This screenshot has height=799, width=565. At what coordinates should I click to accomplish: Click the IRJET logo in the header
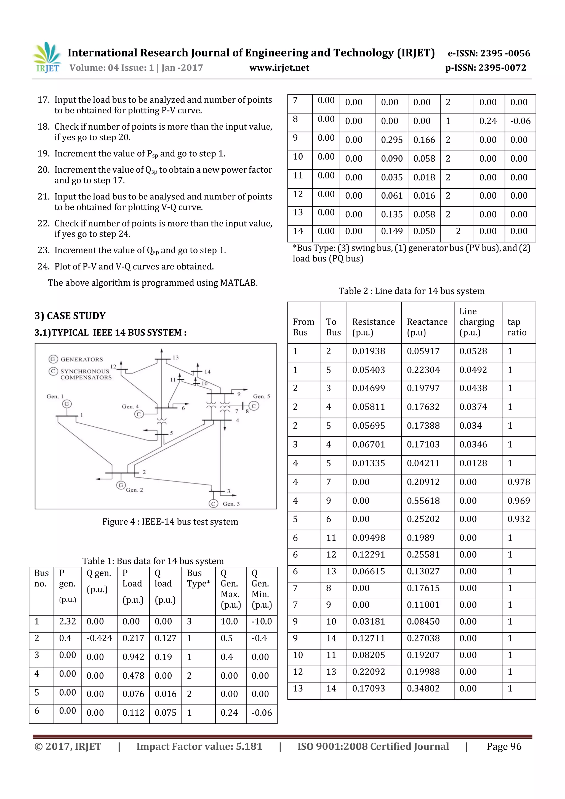pyautogui.click(x=47, y=57)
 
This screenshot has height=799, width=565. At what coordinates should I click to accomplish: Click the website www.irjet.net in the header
pyautogui.click(x=279, y=68)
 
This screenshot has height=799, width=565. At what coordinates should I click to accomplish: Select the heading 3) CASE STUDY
pyautogui.click(x=70, y=316)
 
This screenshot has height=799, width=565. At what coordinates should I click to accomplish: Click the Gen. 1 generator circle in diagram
pyautogui.click(x=67, y=404)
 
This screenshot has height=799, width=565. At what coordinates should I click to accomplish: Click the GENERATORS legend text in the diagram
pyautogui.click(x=82, y=359)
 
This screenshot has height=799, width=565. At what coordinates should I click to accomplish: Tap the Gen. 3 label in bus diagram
pyautogui.click(x=231, y=504)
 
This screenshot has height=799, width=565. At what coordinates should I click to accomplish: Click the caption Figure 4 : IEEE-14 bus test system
pyautogui.click(x=170, y=522)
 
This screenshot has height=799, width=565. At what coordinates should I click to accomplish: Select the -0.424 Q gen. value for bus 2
pyautogui.click(x=99, y=638)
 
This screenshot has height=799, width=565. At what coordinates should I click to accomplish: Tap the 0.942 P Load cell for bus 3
pyautogui.click(x=133, y=657)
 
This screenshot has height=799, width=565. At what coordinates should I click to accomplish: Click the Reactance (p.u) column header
pyautogui.click(x=427, y=327)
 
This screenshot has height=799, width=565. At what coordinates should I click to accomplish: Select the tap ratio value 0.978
pyautogui.click(x=518, y=482)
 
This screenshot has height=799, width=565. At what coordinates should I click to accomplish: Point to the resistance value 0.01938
pyautogui.click(x=368, y=351)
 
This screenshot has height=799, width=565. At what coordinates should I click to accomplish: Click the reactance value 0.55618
pyautogui.click(x=423, y=501)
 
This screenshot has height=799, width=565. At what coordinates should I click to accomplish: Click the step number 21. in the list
pyautogui.click(x=44, y=197)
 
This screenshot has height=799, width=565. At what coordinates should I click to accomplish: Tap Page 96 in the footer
pyautogui.click(x=504, y=746)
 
